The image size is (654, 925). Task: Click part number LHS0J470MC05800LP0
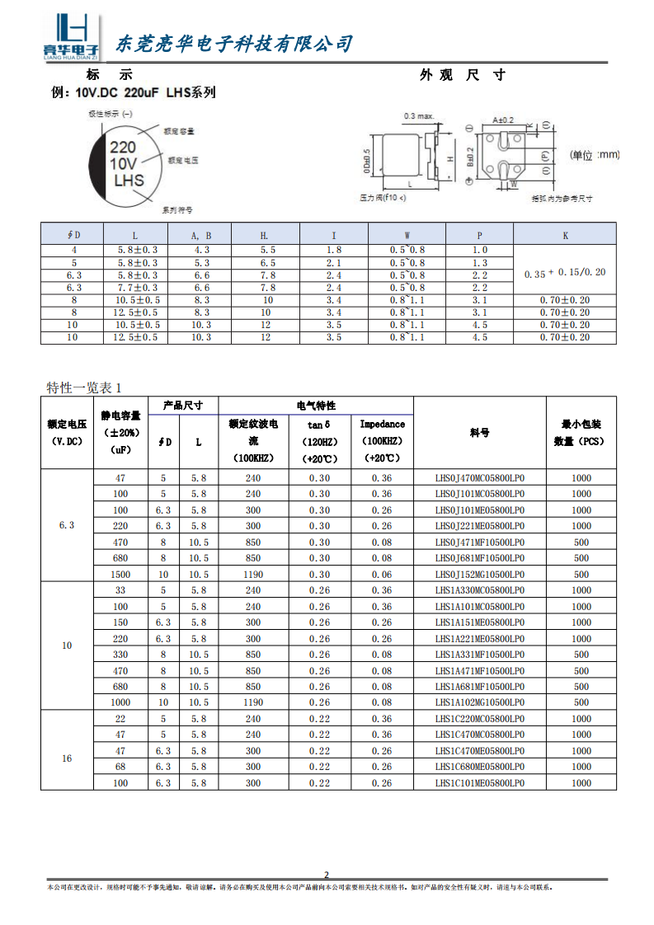pyautogui.click(x=479, y=477)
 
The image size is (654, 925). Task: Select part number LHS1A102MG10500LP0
pyautogui.click(x=479, y=702)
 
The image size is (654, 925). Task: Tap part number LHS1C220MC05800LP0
pyautogui.click(x=479, y=719)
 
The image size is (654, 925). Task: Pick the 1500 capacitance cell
pyautogui.click(x=120, y=575)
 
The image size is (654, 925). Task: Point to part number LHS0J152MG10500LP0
pyautogui.click(x=479, y=575)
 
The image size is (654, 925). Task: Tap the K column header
pyautogui.click(x=565, y=236)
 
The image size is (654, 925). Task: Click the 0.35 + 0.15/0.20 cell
pyautogui.click(x=565, y=272)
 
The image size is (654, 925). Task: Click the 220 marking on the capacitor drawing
pyautogui.click(x=123, y=148)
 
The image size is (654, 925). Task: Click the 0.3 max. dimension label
pyautogui.click(x=419, y=116)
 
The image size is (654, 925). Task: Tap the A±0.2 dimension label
pyautogui.click(x=503, y=120)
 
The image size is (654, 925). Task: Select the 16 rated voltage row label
pyautogui.click(x=67, y=758)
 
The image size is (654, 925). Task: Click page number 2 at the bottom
pyautogui.click(x=327, y=875)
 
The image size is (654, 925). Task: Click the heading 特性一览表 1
pyautogui.click(x=84, y=387)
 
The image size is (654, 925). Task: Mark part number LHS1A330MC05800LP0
pyautogui.click(x=479, y=590)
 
